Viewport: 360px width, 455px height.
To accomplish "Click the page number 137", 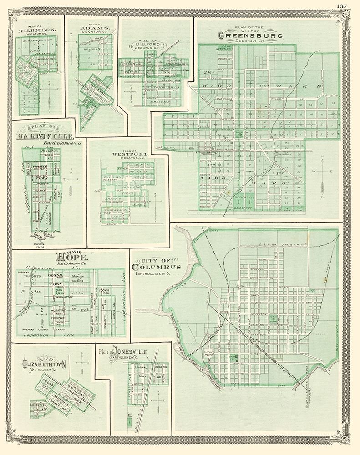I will pyautogui.click(x=342, y=6).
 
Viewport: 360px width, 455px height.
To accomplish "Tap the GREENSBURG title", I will pyautogui.click(x=250, y=35).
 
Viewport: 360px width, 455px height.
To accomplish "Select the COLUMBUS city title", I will pyautogui.click(x=155, y=267).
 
